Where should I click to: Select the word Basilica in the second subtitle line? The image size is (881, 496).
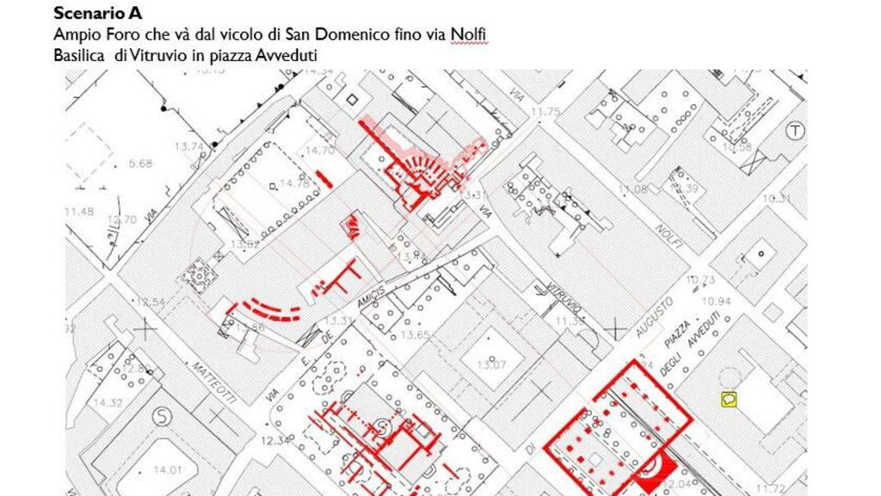tap(78, 53)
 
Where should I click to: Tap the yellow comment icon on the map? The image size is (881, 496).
tap(729, 399)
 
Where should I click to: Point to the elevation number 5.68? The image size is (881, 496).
tap(139, 164)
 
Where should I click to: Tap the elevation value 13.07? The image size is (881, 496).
tap(493, 365)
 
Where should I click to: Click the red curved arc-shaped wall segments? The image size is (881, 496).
tap(266, 308)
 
